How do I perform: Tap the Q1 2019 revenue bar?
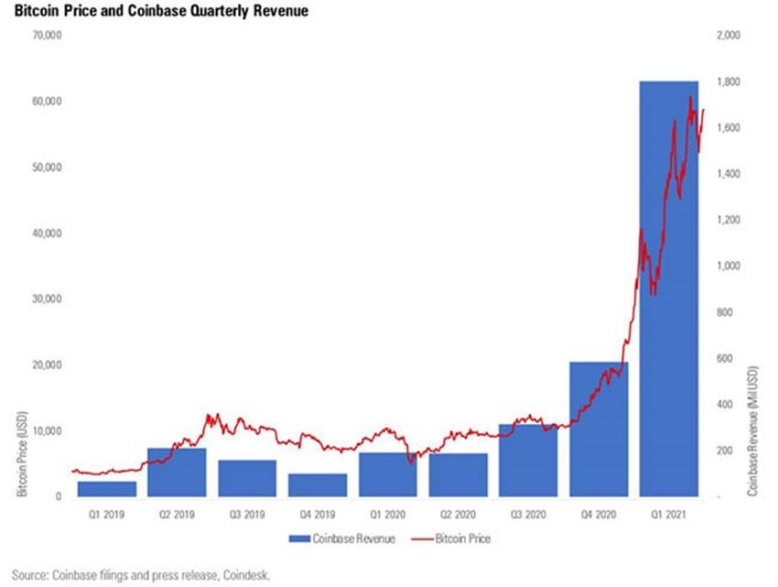[x=106, y=489]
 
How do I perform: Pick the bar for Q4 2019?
[x=318, y=485]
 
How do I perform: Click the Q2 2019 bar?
[x=177, y=473]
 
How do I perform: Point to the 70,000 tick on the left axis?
[x=45, y=36]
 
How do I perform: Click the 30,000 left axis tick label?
[x=45, y=299]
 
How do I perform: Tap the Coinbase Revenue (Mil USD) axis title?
[x=752, y=430]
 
